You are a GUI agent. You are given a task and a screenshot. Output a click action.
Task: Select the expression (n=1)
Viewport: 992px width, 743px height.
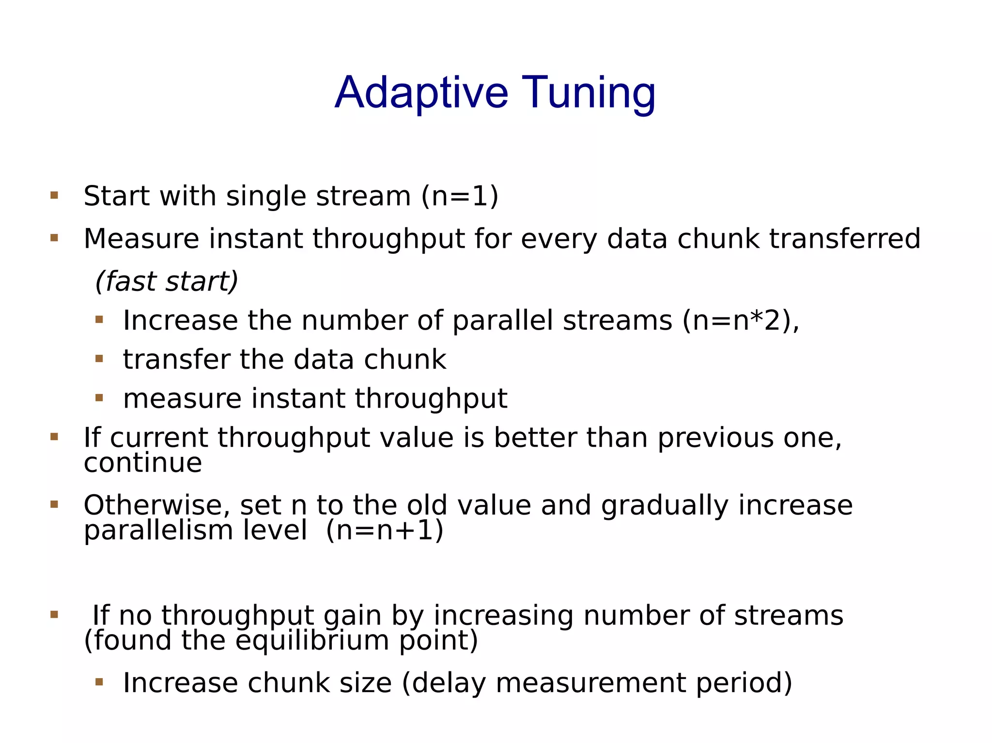point(460,196)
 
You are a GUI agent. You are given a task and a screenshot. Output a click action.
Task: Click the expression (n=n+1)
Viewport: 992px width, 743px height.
point(385,530)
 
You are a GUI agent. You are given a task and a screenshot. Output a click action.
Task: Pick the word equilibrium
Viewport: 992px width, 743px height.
point(312,640)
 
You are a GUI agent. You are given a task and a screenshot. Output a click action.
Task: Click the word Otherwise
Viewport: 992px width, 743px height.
point(157,505)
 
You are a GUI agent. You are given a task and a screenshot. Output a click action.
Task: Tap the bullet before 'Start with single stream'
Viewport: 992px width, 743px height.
point(54,196)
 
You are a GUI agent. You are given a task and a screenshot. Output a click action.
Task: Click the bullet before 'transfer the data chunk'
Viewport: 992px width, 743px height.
point(99,359)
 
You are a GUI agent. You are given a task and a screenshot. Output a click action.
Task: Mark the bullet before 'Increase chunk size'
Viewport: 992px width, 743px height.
point(99,682)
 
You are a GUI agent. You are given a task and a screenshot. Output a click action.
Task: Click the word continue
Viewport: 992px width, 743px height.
point(143,463)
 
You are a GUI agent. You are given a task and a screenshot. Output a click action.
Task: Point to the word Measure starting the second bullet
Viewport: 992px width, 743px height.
point(141,239)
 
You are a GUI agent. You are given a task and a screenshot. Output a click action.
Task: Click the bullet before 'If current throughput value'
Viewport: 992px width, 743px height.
point(54,437)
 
